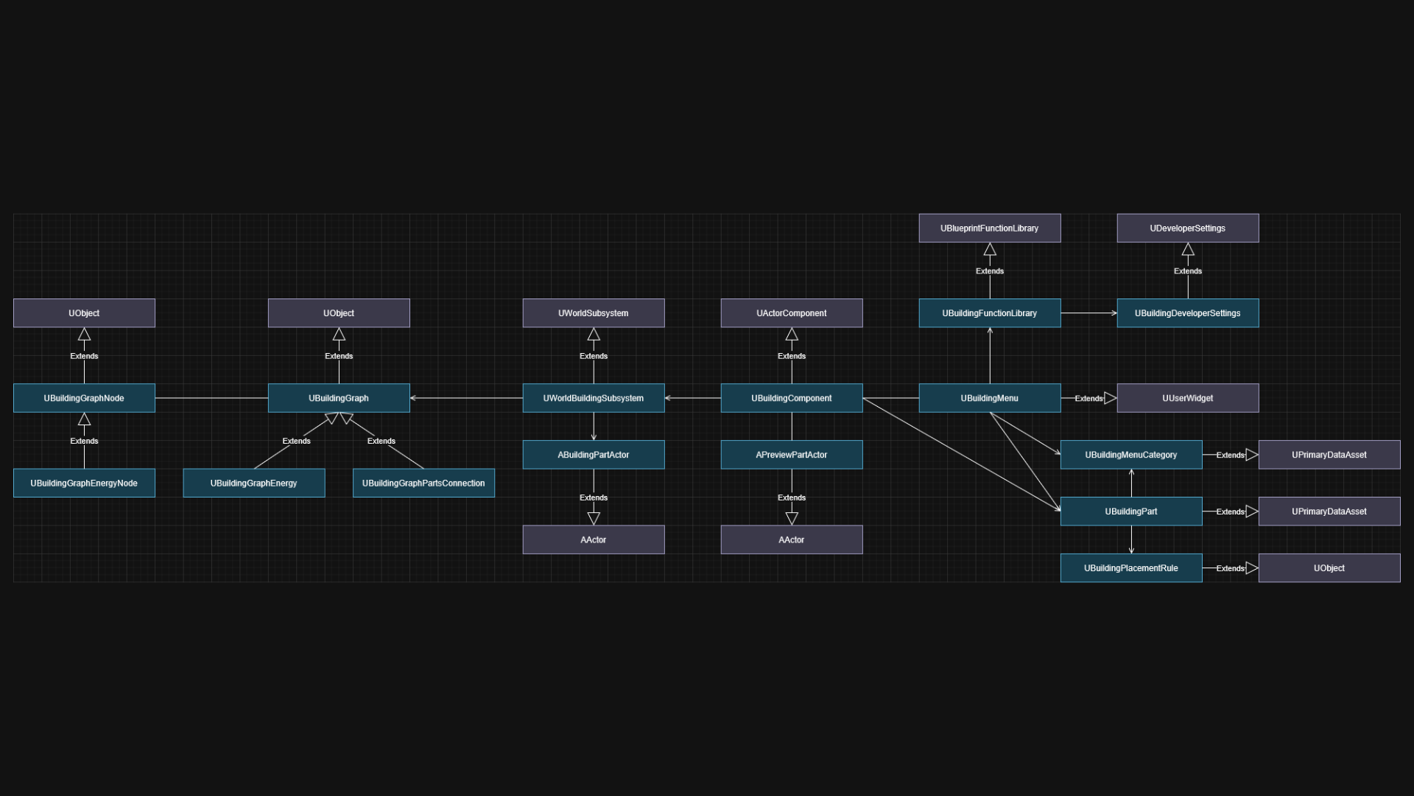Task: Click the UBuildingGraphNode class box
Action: click(x=84, y=398)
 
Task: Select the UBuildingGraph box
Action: click(x=339, y=398)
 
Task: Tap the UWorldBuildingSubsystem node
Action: click(x=594, y=398)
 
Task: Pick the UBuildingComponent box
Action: click(x=792, y=398)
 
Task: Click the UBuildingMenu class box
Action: click(x=990, y=398)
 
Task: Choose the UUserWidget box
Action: click(x=1188, y=398)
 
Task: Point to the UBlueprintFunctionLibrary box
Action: click(x=990, y=228)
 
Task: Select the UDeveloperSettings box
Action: click(x=1188, y=228)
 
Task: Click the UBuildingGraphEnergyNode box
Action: click(x=84, y=483)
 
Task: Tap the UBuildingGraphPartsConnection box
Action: click(x=423, y=483)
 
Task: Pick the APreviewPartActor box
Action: click(x=792, y=455)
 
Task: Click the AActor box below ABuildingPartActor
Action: click(x=594, y=540)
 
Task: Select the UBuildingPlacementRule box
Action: click(x=1131, y=568)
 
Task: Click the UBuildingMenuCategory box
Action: click(x=1131, y=455)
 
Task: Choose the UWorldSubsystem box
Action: click(x=594, y=313)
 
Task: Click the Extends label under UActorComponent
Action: click(x=792, y=356)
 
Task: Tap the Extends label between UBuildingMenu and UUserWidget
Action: click(x=1088, y=399)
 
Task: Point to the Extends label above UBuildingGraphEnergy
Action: click(x=296, y=441)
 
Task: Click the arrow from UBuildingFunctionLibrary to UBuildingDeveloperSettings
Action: click(x=1089, y=313)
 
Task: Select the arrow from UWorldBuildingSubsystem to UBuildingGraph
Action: click(x=466, y=398)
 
